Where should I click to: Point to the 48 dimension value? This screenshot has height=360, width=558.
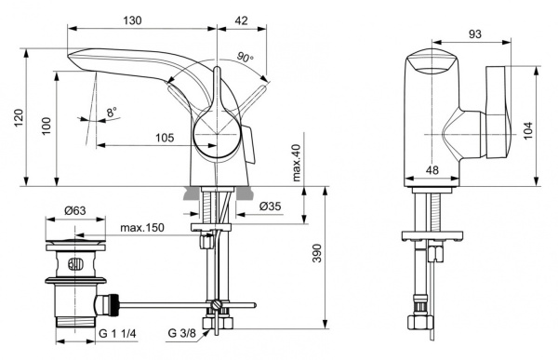(432, 169)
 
